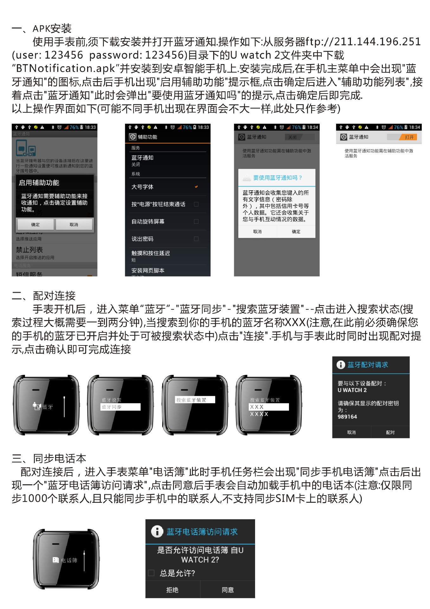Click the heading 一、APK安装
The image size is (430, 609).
click(x=42, y=29)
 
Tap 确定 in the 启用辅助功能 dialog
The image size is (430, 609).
click(x=35, y=225)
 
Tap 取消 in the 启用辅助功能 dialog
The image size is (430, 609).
click(x=74, y=225)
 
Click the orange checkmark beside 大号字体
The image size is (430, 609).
click(x=196, y=187)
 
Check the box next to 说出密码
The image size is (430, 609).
click(x=196, y=239)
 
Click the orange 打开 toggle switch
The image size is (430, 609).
click(x=409, y=137)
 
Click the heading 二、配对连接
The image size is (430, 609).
click(x=44, y=296)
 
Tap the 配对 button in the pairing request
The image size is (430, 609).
click(x=390, y=432)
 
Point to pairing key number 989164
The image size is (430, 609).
click(x=347, y=417)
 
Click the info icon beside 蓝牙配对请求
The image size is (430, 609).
click(x=341, y=365)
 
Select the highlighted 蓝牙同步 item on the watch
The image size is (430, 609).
click(x=120, y=407)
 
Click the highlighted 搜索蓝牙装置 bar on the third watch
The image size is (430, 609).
click(x=195, y=400)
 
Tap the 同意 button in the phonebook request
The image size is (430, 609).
click(x=228, y=590)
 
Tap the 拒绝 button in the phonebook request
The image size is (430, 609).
click(x=172, y=590)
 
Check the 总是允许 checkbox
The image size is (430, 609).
click(x=151, y=573)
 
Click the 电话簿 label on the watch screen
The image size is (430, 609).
click(x=69, y=560)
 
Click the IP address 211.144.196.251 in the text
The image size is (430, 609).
click(x=377, y=42)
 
